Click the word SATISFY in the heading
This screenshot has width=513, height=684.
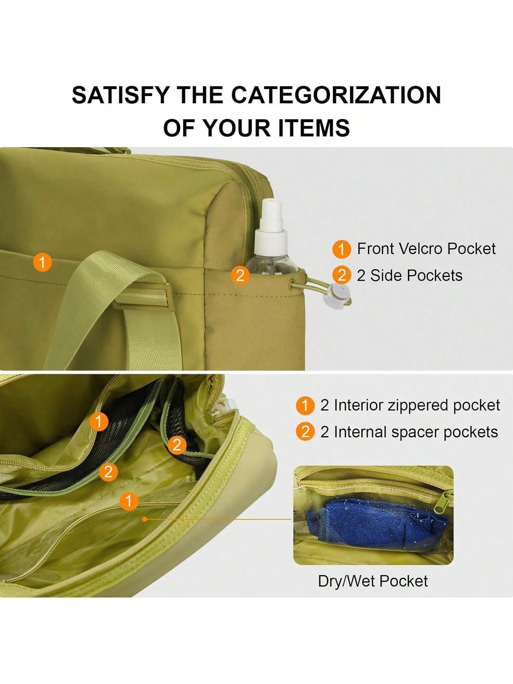click(120, 95)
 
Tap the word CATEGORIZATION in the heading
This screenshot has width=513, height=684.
click(336, 95)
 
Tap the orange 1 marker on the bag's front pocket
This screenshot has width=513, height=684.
click(42, 262)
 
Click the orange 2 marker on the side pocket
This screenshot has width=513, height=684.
click(240, 275)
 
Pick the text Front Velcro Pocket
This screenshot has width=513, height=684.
click(426, 249)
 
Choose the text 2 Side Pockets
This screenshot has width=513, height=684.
click(410, 276)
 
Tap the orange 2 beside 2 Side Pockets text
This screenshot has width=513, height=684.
click(341, 275)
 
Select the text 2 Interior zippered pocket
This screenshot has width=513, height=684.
click(410, 405)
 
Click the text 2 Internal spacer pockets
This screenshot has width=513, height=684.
click(409, 432)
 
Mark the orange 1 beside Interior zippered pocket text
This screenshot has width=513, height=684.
click(305, 405)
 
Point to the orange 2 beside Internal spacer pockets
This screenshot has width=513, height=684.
click(305, 432)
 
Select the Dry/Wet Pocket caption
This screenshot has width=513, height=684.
click(373, 581)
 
